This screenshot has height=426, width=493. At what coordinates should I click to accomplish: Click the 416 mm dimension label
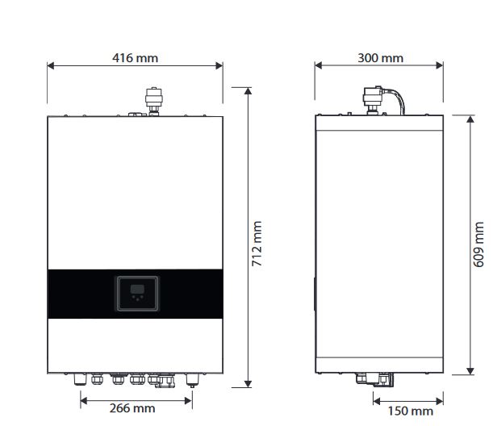[135, 58]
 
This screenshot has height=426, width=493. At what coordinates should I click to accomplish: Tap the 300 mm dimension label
[380, 58]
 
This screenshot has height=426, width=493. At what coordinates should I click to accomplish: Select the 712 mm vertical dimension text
[257, 244]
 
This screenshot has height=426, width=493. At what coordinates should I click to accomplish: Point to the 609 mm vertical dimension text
[478, 244]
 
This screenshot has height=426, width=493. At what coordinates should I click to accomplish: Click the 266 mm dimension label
[132, 408]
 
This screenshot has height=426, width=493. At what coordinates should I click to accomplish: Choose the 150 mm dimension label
[411, 411]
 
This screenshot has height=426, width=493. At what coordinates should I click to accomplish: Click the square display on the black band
[137, 294]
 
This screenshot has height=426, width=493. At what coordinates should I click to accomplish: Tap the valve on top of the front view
[154, 101]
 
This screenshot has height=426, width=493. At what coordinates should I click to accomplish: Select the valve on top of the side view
[373, 100]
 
